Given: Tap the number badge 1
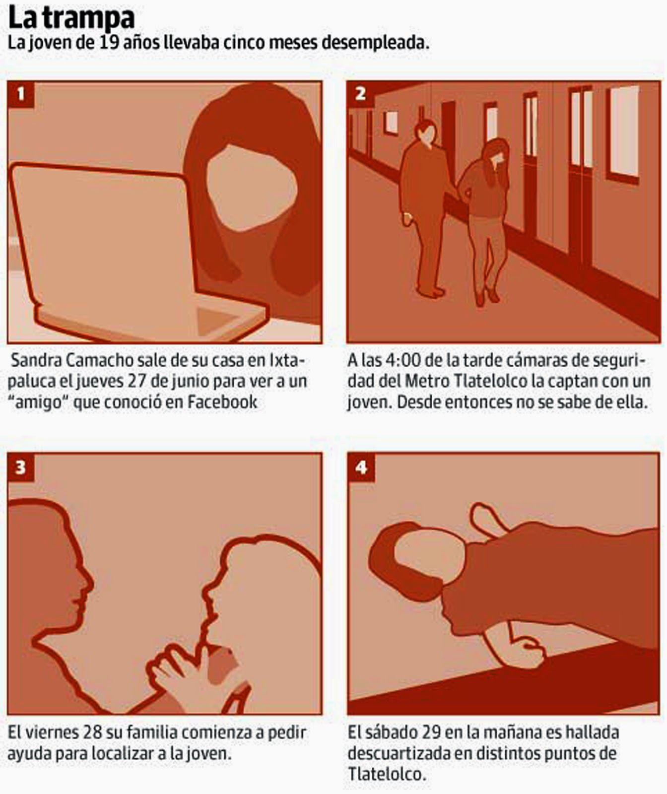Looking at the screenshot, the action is pos(21,94).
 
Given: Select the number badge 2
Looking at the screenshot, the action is pos(361,94).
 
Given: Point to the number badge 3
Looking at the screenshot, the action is pos(21,467).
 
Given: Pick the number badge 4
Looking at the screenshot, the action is pos(361,467).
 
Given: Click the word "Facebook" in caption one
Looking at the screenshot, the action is pos(222,401).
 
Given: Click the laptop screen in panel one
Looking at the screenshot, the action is pos(99,238).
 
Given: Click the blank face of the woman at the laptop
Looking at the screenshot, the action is pos(251,186).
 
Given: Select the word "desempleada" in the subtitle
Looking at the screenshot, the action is pos(375,43).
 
